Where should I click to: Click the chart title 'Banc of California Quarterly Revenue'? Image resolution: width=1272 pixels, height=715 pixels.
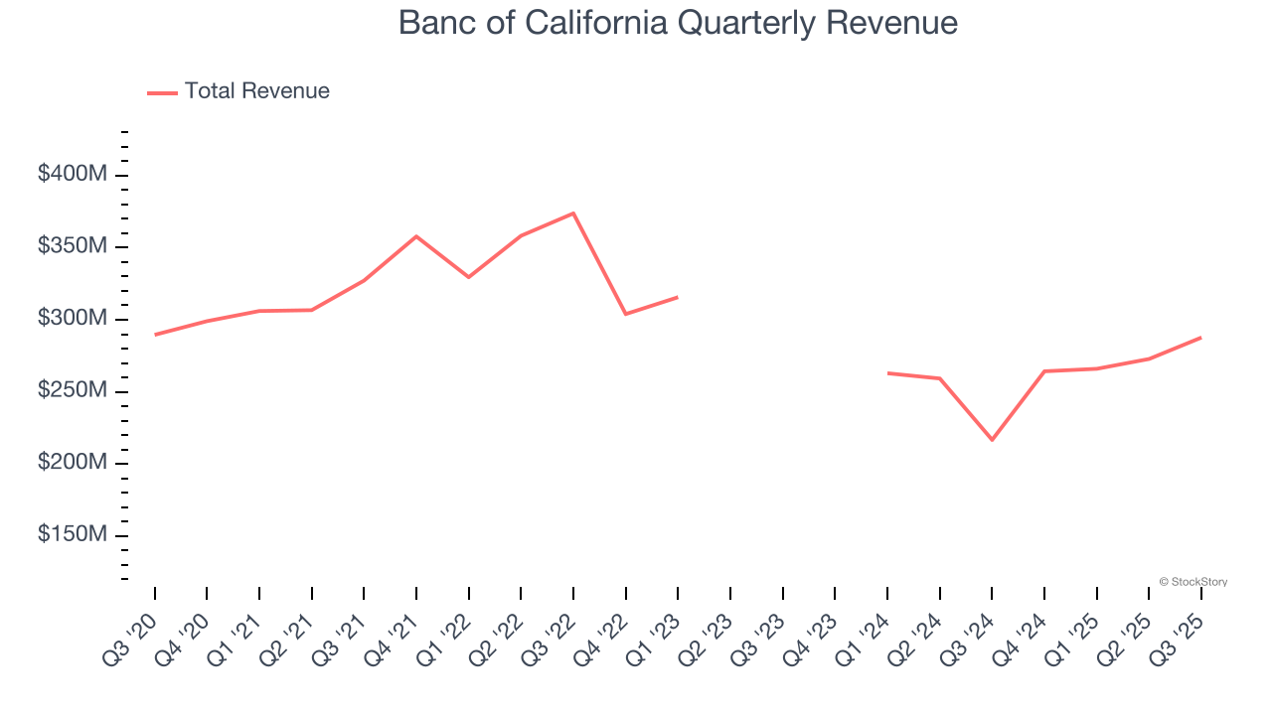click(x=678, y=23)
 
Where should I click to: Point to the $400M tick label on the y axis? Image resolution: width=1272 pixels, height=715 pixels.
click(x=73, y=175)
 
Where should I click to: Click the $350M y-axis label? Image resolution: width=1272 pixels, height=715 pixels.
click(x=73, y=246)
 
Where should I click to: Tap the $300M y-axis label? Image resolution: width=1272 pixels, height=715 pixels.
click(x=73, y=319)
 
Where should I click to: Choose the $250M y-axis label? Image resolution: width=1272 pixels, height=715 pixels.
click(x=73, y=391)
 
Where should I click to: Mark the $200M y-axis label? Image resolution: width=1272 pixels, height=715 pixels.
click(x=73, y=463)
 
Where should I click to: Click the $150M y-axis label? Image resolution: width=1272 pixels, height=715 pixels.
click(x=73, y=535)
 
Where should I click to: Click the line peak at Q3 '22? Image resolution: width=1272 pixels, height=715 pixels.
click(x=573, y=213)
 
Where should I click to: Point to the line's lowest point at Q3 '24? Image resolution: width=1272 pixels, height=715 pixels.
click(x=992, y=440)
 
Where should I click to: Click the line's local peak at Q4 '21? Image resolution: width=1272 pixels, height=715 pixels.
click(x=416, y=236)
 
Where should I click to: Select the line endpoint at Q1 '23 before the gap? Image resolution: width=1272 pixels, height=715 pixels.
click(x=678, y=297)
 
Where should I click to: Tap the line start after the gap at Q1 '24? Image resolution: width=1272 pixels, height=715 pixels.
click(x=887, y=373)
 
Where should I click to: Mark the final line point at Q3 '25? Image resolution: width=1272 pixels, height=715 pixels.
click(x=1200, y=338)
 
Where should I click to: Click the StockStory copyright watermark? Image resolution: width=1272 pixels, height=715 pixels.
click(x=1192, y=582)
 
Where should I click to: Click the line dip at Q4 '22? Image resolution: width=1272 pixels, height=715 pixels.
click(x=625, y=314)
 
